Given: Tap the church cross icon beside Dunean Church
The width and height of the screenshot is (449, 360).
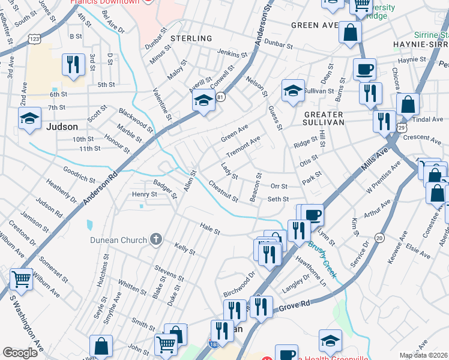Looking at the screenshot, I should (156, 240).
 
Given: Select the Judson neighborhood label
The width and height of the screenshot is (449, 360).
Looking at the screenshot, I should (62, 127).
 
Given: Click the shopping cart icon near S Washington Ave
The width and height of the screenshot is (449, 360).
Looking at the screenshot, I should (21, 279).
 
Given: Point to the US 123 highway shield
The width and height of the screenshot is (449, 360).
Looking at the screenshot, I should (34, 39).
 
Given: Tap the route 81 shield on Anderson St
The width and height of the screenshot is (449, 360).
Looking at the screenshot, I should (221, 96).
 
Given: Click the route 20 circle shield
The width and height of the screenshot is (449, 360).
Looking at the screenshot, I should (379, 238).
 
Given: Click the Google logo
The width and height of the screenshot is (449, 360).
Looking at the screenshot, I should (20, 353).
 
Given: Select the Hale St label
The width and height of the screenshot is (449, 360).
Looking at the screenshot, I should (210, 228).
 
